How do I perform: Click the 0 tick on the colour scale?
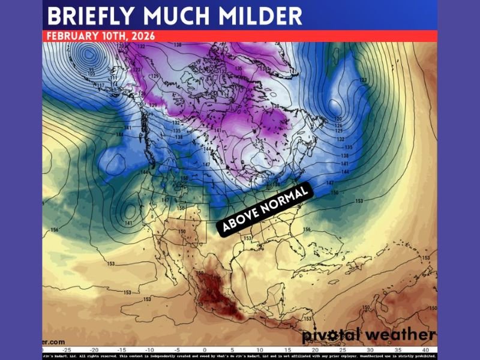pyautogui.click(x=204, y=349)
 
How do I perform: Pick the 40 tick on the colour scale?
pyautogui.click(x=425, y=349)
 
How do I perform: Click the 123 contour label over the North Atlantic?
pyautogui.click(x=362, y=80)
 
